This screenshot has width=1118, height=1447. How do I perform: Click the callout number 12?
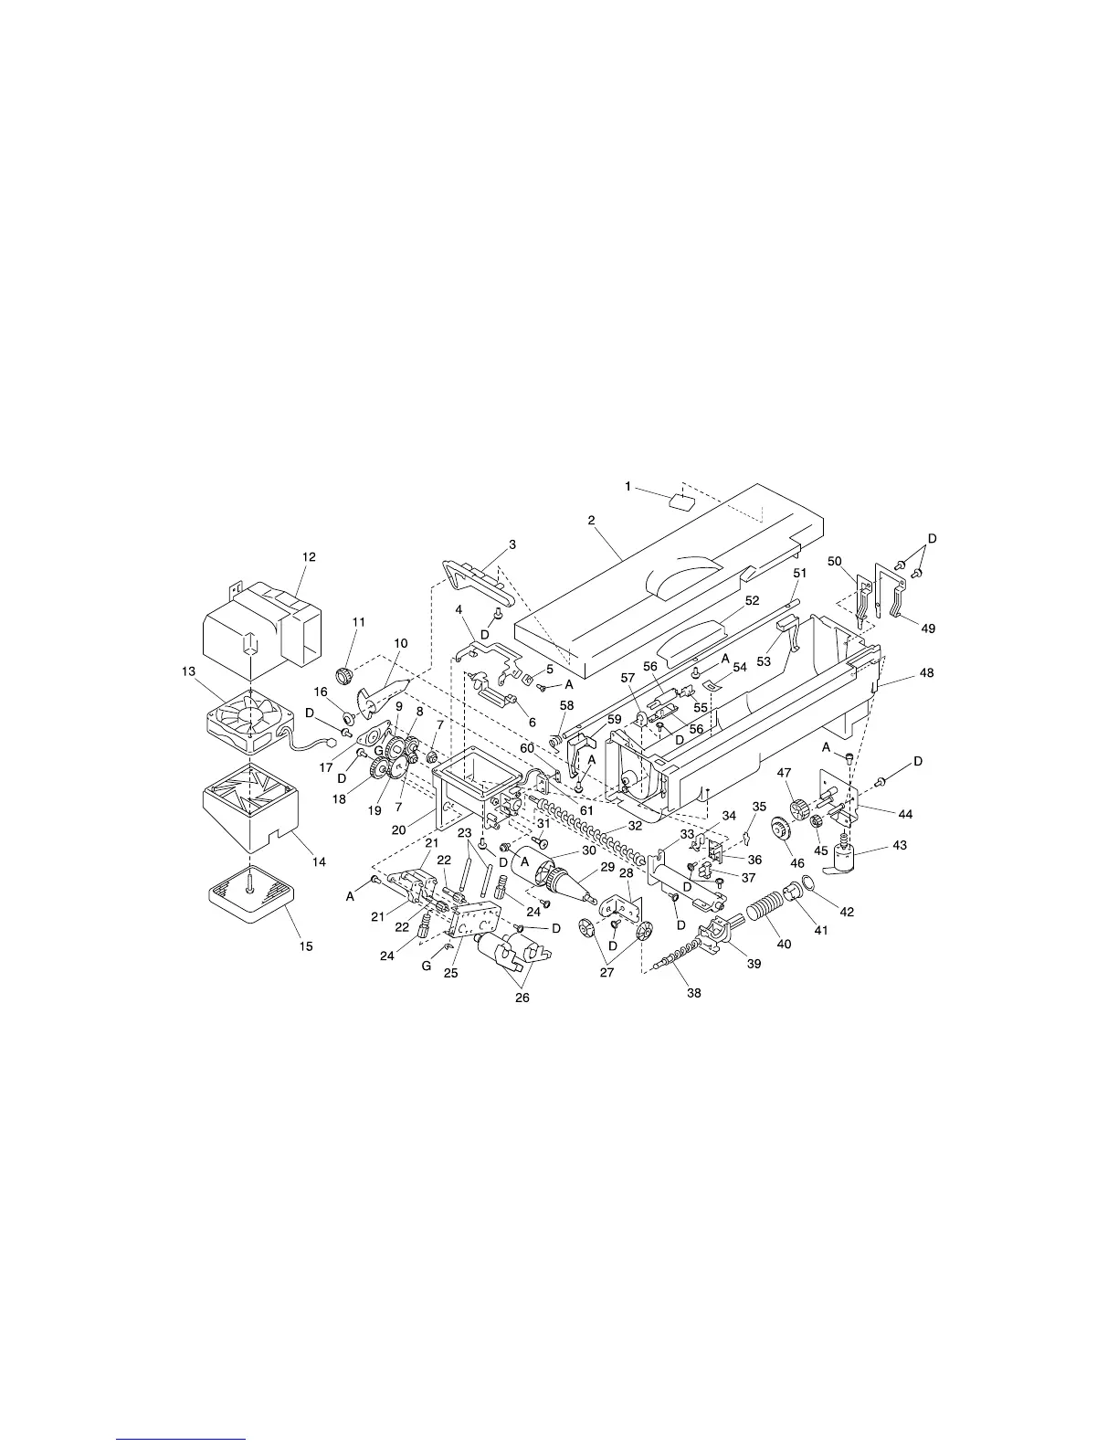coord(309,556)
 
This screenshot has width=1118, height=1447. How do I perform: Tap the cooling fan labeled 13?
coord(248,720)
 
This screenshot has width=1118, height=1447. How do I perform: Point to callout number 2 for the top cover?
coord(591,521)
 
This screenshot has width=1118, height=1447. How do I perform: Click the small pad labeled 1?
coord(680,500)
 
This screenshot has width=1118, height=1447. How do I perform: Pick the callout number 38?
coord(694,993)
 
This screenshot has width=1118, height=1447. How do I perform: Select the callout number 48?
coord(927,672)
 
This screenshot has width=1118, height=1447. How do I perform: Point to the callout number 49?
coord(928,628)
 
